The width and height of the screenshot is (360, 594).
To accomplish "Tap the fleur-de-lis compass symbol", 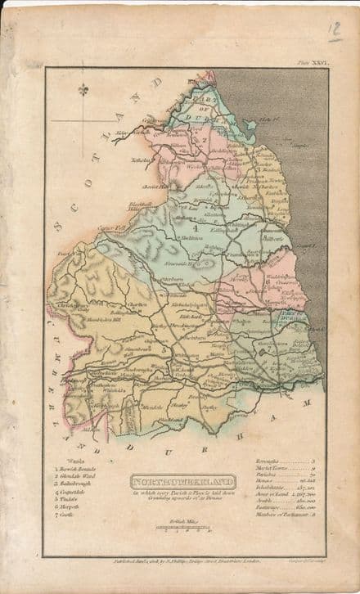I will (x=82, y=89).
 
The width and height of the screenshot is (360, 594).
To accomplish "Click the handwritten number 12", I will (x=334, y=31).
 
